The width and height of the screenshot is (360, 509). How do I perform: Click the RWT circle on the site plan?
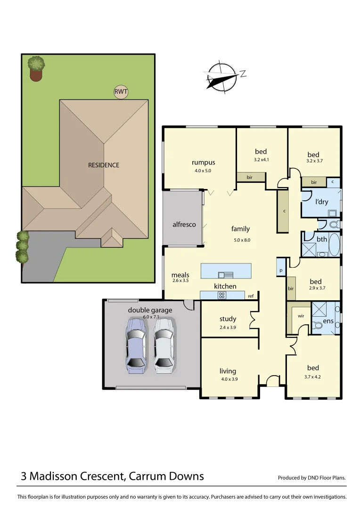pyautogui.click(x=121, y=92)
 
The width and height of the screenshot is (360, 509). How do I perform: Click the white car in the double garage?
pyautogui.click(x=164, y=346)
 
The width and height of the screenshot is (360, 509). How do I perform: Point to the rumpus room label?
pyautogui.click(x=203, y=163)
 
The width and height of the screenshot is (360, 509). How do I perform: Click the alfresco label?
pyautogui.click(x=184, y=224)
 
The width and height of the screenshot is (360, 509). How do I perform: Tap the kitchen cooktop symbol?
pyautogui.click(x=221, y=296)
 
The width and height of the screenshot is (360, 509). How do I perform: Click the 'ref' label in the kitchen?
pyautogui.click(x=251, y=296)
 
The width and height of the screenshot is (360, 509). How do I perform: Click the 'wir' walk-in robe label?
pyautogui.click(x=301, y=316)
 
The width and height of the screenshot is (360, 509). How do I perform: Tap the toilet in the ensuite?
pyautogui.click(x=318, y=325)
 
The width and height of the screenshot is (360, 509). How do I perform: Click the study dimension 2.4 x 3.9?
pyautogui.click(x=228, y=327)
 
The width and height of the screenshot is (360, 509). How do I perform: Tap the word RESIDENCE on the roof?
pyautogui.click(x=104, y=165)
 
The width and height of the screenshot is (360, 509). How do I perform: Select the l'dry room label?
pyautogui.click(x=322, y=202)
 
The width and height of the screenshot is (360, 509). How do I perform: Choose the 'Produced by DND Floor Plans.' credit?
pyautogui.click(x=312, y=477)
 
